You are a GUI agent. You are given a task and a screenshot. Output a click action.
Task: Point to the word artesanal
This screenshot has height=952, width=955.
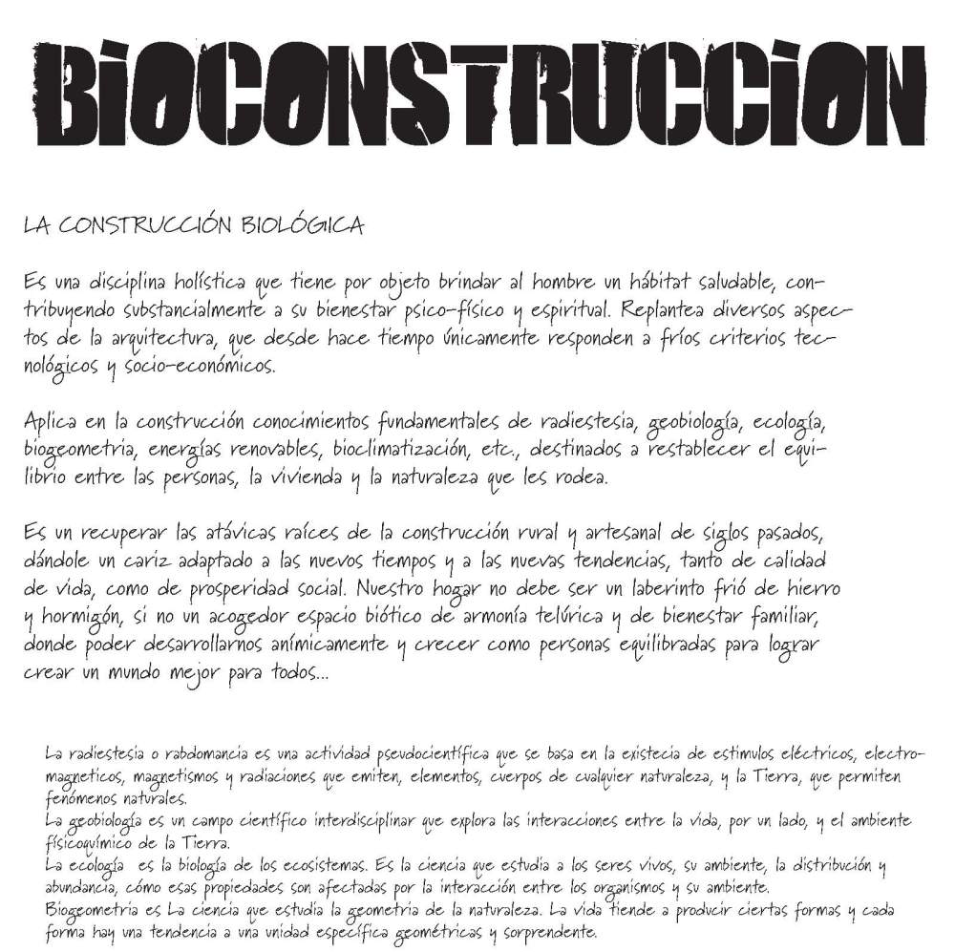(x=670, y=531)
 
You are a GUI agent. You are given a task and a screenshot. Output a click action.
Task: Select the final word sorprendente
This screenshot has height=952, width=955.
(x=545, y=931)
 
